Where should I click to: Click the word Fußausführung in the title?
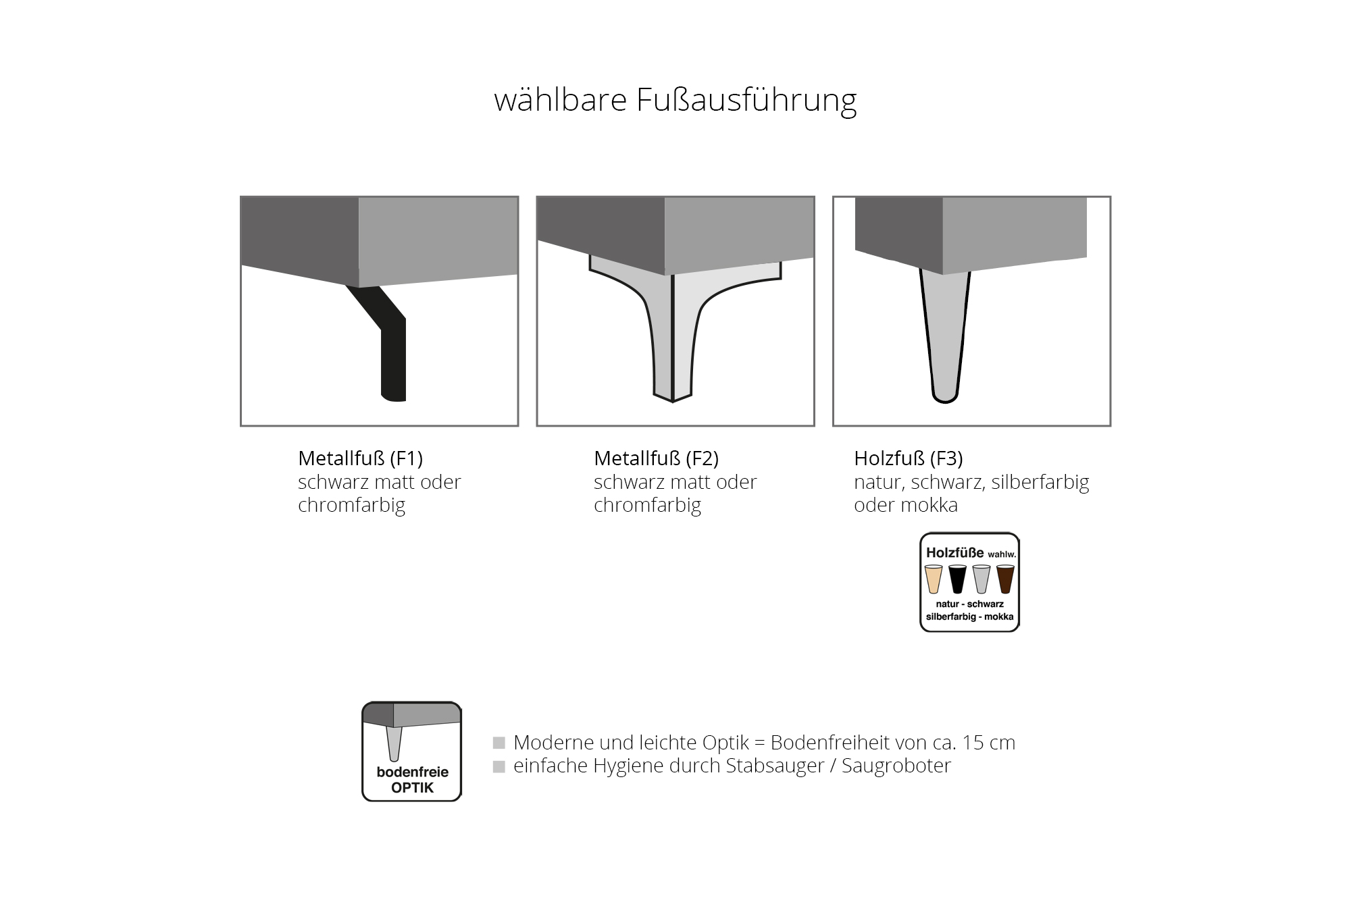[746, 100]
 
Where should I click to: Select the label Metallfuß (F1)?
[360, 458]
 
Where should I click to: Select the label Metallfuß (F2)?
[656, 458]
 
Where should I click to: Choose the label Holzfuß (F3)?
[909, 458]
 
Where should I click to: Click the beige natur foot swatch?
[934, 579]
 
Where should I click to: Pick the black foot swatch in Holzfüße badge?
[958, 579]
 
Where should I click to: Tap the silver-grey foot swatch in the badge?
[982, 579]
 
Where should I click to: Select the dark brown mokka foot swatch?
[1006, 579]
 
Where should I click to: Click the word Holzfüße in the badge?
[955, 552]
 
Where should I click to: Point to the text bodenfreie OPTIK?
[412, 780]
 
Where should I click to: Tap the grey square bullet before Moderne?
[499, 743]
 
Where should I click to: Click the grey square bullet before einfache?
[499, 766]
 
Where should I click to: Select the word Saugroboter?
[896, 766]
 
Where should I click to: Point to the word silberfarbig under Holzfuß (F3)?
[1041, 482]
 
